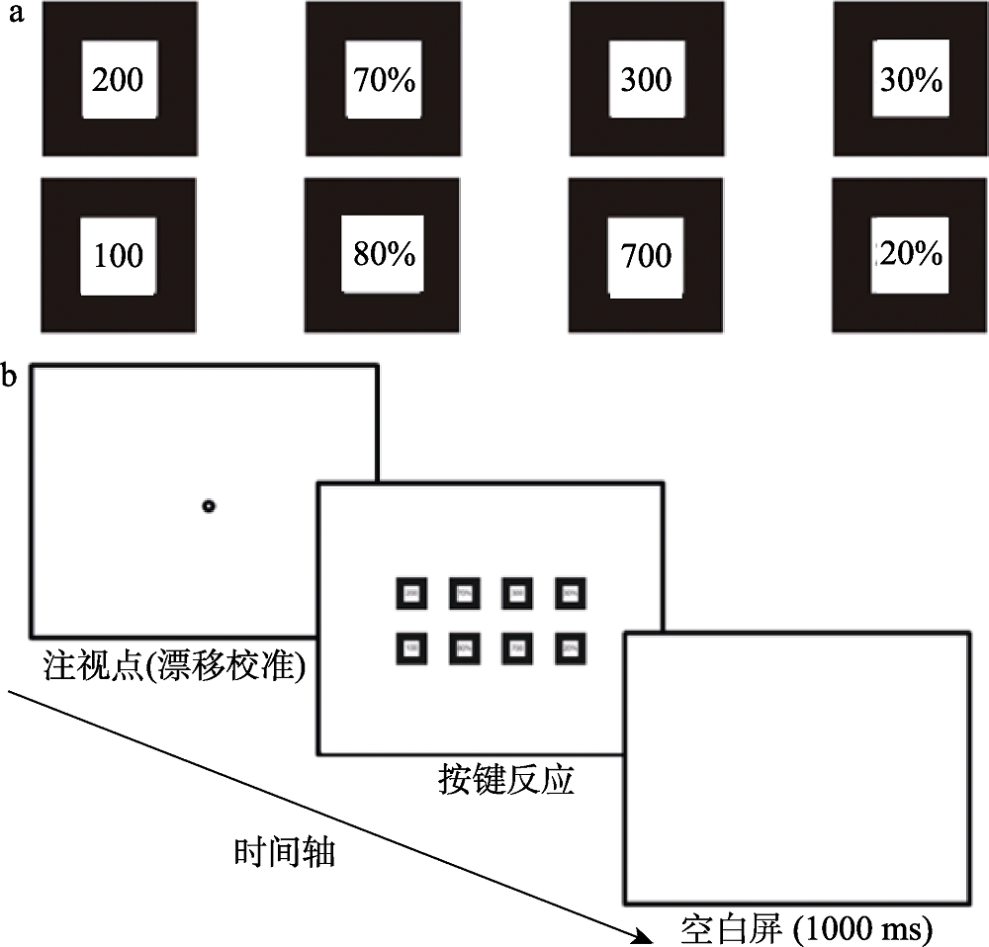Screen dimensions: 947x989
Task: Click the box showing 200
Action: (118, 79)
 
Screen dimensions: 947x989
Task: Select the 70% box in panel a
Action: (383, 79)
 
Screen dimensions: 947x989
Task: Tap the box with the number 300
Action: (646, 79)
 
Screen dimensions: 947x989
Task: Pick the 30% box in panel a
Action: (910, 79)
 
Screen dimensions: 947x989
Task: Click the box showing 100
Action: (118, 255)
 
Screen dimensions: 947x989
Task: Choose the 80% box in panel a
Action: (383, 254)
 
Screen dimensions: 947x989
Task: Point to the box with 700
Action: (646, 255)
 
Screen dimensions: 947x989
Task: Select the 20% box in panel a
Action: (910, 254)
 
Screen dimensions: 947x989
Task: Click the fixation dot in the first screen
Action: (208, 507)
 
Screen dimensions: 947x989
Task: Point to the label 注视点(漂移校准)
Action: (174, 664)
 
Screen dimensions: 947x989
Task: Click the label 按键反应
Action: (505, 781)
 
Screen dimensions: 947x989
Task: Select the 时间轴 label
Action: (285, 851)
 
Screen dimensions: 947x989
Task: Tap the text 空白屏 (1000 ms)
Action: (807, 929)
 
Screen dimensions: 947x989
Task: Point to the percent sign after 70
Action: (402, 80)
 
